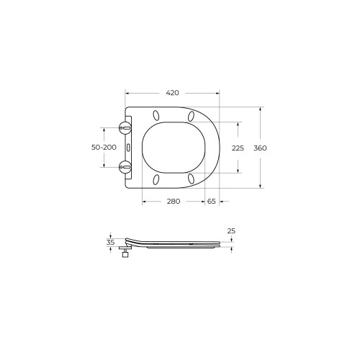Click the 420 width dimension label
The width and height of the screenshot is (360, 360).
173,93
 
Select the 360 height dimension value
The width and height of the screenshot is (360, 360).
260,148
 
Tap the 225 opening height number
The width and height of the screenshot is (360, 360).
238,148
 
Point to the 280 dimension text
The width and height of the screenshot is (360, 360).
174,201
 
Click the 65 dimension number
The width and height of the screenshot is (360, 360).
212,201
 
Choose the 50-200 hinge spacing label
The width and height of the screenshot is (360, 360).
104,147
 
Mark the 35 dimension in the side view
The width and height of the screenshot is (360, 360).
111,243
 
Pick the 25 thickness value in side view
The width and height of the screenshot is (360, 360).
231,231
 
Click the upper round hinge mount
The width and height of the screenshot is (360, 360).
125,127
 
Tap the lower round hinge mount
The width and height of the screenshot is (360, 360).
125,167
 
